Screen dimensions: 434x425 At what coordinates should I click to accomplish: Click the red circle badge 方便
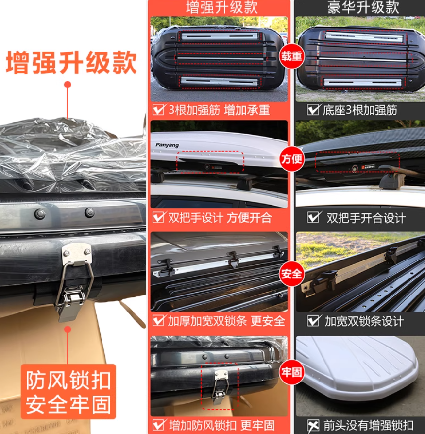291,159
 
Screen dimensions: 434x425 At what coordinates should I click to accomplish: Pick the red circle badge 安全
291,273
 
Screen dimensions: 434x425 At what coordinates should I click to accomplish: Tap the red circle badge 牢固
291,373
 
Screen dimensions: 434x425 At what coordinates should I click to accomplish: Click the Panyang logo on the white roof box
167,145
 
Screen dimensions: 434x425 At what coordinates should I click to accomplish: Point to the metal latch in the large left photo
74,282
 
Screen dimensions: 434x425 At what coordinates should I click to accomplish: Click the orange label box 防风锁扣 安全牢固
68,392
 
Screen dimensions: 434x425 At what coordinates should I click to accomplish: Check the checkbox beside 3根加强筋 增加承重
158,110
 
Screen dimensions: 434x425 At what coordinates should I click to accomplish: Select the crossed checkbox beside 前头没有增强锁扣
314,425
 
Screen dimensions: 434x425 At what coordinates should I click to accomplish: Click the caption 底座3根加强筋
360,110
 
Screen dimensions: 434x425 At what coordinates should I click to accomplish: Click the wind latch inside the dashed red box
220,384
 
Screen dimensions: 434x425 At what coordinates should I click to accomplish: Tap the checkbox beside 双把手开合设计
314,217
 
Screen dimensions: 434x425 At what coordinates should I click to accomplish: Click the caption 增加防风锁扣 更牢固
221,425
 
